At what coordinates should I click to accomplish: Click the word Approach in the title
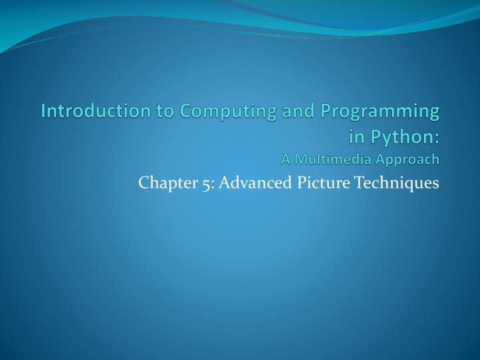(x=411, y=159)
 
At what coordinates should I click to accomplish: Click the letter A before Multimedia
(x=286, y=159)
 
